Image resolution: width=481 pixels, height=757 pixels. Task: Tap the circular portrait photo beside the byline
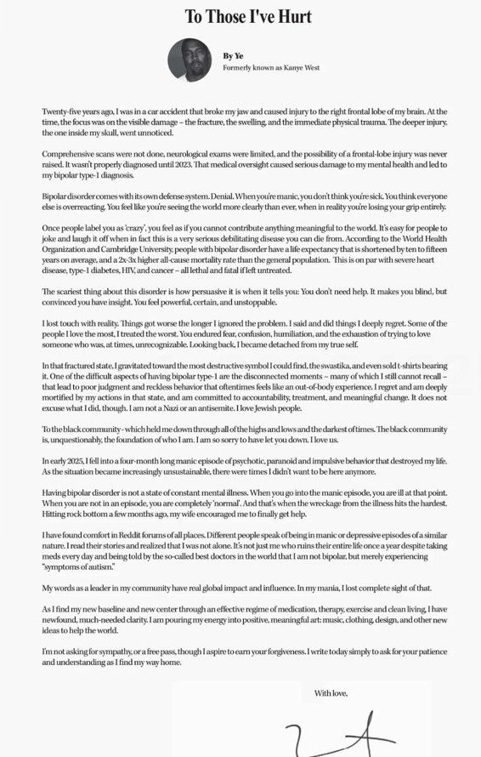click(x=190, y=60)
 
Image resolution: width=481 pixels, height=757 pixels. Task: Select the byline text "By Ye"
click(x=234, y=55)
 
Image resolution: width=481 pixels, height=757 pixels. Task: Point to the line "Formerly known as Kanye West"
click(x=271, y=68)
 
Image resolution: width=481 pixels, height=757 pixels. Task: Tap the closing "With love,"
click(x=331, y=693)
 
